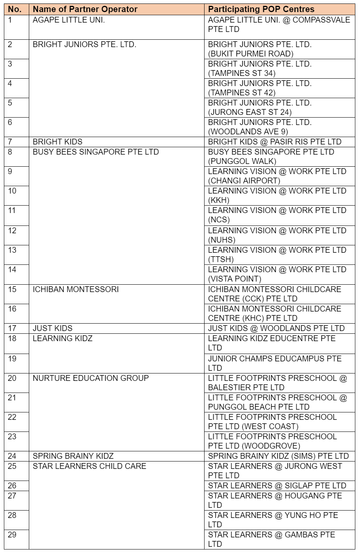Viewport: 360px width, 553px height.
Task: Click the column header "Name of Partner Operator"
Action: click(x=85, y=9)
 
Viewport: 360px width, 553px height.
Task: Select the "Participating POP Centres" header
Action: click(x=261, y=9)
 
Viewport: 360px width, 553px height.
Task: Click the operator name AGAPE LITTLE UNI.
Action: click(x=69, y=20)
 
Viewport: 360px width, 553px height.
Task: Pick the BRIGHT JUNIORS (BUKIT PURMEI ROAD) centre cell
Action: click(x=260, y=49)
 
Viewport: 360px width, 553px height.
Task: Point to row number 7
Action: click(x=11, y=142)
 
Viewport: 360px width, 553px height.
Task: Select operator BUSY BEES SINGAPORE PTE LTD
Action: click(x=96, y=152)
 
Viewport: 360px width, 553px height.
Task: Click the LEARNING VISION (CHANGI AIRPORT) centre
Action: click(x=277, y=176)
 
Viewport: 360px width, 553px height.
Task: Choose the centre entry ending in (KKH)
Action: click(x=277, y=195)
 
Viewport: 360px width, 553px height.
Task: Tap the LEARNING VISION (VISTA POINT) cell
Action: click(x=277, y=274)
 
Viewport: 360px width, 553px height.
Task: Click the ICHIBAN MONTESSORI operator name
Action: click(x=76, y=289)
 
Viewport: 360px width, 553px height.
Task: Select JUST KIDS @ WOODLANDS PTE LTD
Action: click(x=276, y=328)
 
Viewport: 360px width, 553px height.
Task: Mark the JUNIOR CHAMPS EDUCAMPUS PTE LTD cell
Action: click(x=275, y=363)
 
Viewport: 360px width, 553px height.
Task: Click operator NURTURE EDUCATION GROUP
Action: click(x=91, y=378)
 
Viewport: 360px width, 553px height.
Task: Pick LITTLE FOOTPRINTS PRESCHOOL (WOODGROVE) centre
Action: click(x=272, y=441)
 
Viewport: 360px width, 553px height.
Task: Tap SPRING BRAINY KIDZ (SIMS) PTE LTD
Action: click(x=278, y=456)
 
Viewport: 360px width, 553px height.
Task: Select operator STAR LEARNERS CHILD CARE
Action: click(x=90, y=466)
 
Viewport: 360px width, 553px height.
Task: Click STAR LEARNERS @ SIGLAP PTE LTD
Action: click(x=277, y=486)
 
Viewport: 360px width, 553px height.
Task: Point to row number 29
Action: click(x=12, y=535)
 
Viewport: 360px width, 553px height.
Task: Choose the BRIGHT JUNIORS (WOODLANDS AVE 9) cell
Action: click(x=260, y=127)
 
